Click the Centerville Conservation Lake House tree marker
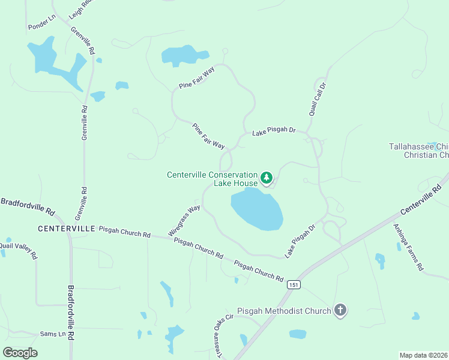click(267, 178)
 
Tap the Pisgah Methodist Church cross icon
click(340, 310)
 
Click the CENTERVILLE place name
click(66, 229)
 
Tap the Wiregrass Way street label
click(184, 220)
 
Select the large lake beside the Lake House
click(256, 209)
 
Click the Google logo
click(20, 352)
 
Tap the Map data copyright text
click(423, 355)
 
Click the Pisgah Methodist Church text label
click(284, 311)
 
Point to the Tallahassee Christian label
click(418, 151)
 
